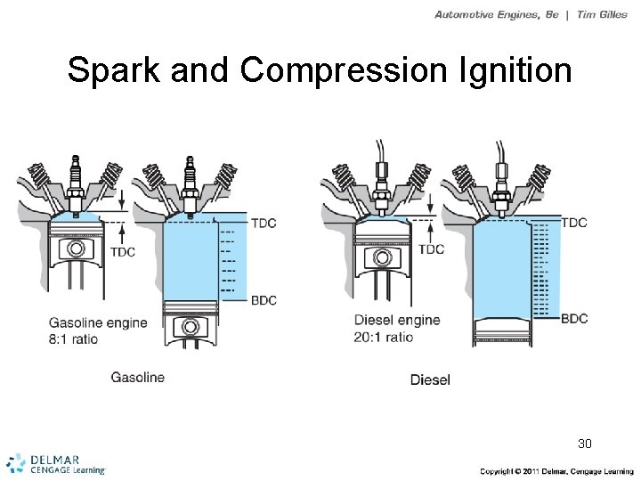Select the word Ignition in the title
515,71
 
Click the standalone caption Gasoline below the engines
137,377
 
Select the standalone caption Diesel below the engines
430,379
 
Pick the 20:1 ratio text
384,338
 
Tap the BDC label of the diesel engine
574,318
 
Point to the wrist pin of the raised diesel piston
384,257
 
